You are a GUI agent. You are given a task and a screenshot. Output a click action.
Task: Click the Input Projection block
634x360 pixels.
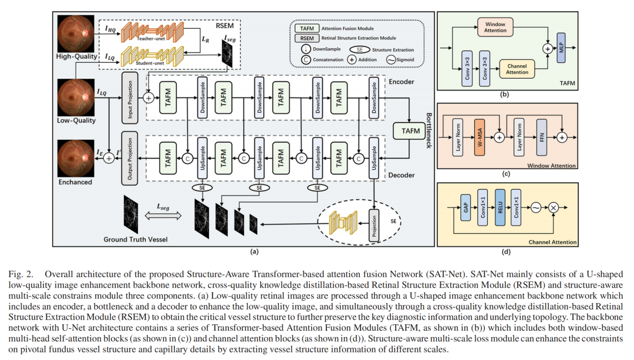(x=130, y=98)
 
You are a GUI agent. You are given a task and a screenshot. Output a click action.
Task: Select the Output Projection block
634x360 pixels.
(x=130, y=159)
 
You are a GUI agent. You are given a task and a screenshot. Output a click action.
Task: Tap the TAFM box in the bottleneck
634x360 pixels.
(x=410, y=130)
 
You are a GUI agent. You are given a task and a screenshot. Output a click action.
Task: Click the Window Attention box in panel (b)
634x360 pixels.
(x=495, y=28)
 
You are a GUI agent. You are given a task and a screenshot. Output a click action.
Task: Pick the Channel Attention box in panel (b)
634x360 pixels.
(x=517, y=69)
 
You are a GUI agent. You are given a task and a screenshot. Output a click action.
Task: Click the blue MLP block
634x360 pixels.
(x=561, y=48)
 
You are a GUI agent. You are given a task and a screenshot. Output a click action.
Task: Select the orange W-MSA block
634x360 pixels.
(x=480, y=137)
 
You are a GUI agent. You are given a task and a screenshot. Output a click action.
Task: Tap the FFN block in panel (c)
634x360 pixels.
(x=541, y=137)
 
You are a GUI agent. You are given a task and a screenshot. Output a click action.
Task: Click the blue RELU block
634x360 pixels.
(x=500, y=207)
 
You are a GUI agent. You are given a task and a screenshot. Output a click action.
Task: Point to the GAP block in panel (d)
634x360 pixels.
(x=466, y=207)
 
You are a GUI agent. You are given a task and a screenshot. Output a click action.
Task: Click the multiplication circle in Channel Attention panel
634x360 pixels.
(x=553, y=207)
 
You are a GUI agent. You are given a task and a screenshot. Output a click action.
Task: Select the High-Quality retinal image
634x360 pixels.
(x=76, y=33)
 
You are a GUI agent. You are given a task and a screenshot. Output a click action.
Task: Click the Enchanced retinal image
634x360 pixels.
(x=76, y=158)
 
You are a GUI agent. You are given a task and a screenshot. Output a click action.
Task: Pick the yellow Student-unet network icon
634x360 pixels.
(x=153, y=56)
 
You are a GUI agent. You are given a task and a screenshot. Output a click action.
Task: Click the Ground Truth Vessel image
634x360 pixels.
(x=131, y=214)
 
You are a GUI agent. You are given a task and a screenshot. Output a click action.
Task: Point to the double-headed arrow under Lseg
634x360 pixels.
(x=163, y=216)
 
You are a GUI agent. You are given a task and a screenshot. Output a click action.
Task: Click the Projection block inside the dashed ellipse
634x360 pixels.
(x=374, y=226)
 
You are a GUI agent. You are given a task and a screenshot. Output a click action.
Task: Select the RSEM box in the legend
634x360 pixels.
(x=307, y=38)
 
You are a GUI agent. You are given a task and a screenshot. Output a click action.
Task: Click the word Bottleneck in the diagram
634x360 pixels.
(x=429, y=130)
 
